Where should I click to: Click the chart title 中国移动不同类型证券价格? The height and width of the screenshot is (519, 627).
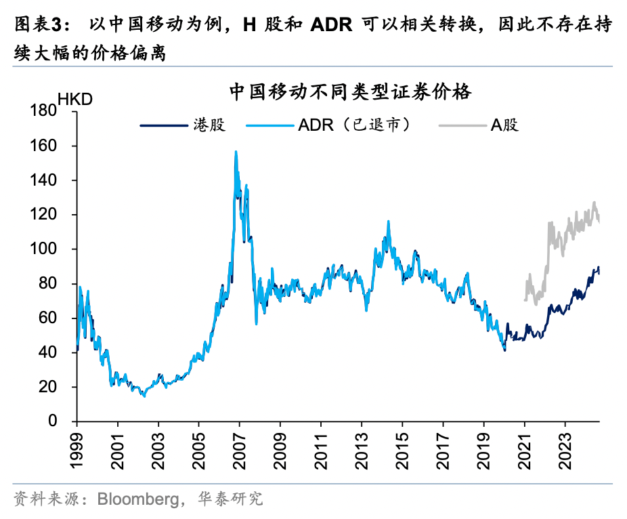(349, 92)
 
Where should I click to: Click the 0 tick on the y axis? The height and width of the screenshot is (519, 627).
(66, 421)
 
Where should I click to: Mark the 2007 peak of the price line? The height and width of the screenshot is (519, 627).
(236, 152)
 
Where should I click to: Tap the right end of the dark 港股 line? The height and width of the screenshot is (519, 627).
(599, 270)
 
